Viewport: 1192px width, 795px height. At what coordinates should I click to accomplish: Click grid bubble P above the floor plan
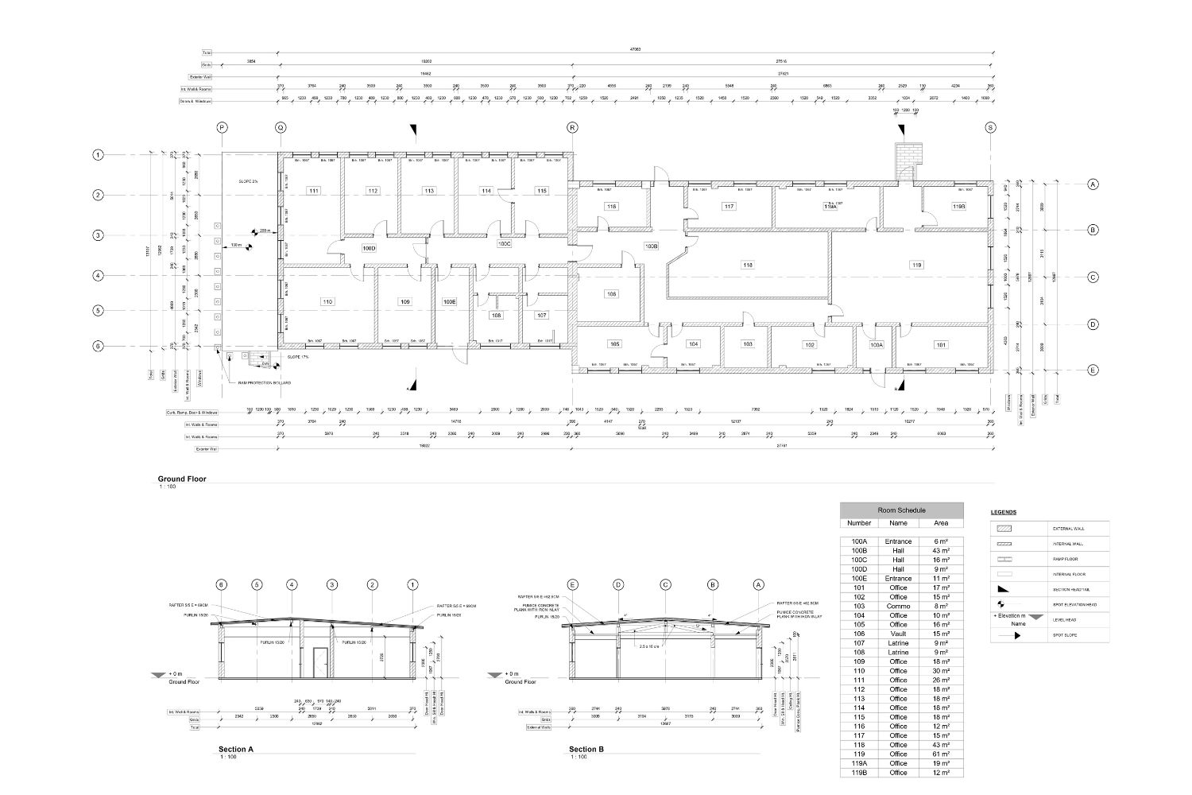[222, 127]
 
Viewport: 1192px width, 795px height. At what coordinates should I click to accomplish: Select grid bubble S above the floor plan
[990, 127]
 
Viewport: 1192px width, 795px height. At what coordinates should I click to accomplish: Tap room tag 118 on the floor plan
[747, 265]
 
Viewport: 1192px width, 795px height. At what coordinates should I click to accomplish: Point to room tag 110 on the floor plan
[327, 302]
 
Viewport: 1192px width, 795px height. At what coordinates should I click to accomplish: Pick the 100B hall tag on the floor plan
[652, 246]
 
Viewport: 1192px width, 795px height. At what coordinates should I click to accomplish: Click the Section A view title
[236, 749]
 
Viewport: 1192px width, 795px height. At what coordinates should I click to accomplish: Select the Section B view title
[586, 749]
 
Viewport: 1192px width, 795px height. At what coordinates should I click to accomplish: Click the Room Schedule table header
[901, 510]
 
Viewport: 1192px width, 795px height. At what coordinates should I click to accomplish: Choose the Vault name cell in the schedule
[898, 634]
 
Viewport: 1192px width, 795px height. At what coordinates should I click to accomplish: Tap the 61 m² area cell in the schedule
[940, 754]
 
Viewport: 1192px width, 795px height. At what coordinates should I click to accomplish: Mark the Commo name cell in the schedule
[898, 606]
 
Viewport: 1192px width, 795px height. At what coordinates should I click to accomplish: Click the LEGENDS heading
[1004, 512]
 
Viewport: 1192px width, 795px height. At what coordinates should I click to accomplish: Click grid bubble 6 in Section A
[222, 585]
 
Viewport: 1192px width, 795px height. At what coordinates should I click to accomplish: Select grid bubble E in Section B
[573, 585]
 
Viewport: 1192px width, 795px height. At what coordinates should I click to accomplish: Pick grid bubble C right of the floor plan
[1093, 277]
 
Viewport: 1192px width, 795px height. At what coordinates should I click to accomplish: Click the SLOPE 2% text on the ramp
[249, 181]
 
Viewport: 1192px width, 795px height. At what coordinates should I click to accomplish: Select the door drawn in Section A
[319, 663]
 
